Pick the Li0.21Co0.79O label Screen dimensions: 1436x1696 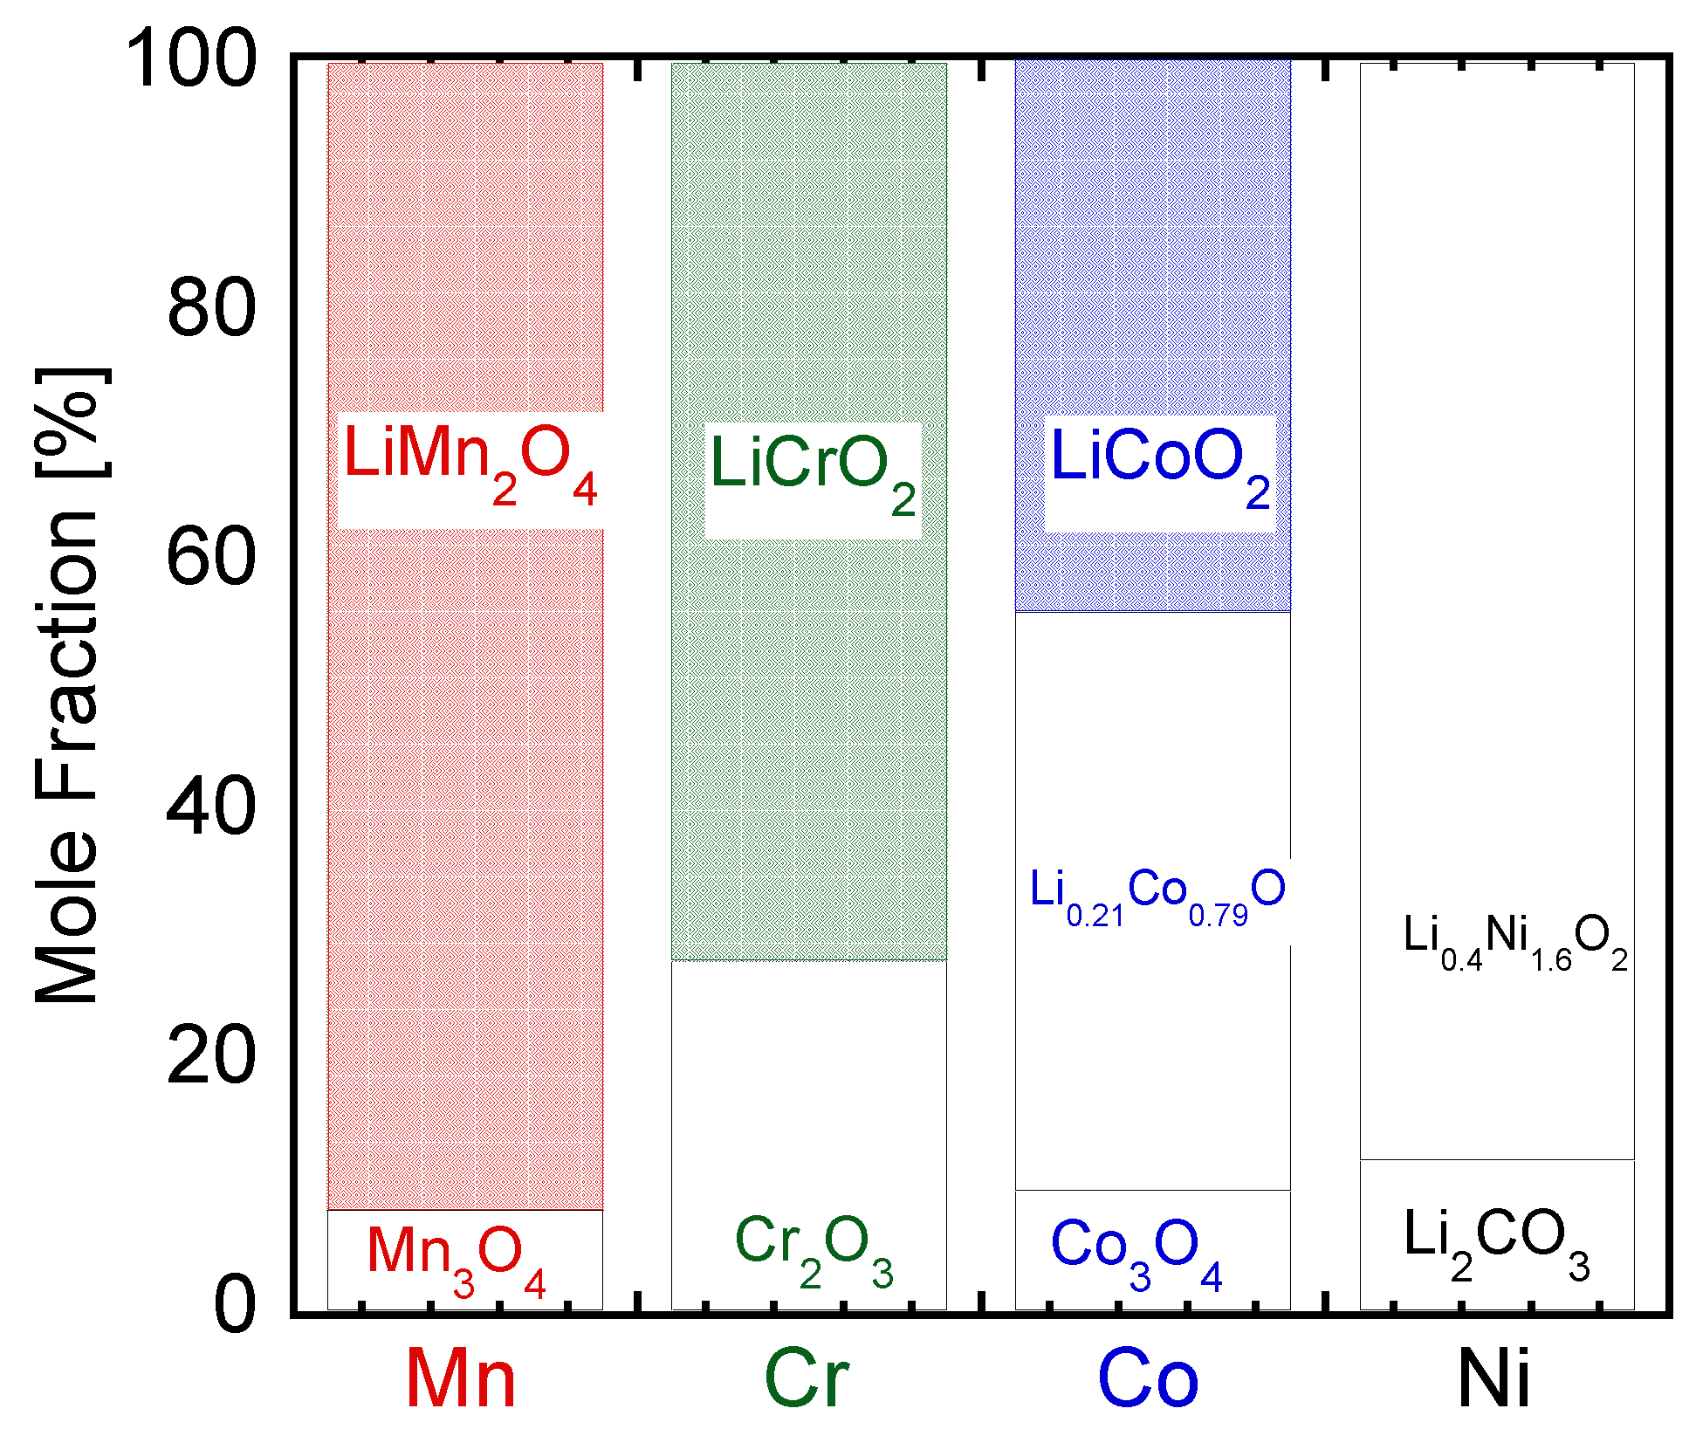(1157, 896)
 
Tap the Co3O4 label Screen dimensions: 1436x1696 (1136, 1250)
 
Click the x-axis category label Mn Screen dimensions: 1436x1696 (461, 1379)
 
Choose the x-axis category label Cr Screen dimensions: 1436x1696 (806, 1379)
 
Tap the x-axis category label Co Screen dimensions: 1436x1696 (1148, 1379)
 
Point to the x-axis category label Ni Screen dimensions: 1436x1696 (1493, 1379)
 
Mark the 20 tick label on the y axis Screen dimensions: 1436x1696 (211, 1056)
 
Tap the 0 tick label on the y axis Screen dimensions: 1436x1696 (235, 1304)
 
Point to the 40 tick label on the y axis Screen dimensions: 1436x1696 (211, 807)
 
